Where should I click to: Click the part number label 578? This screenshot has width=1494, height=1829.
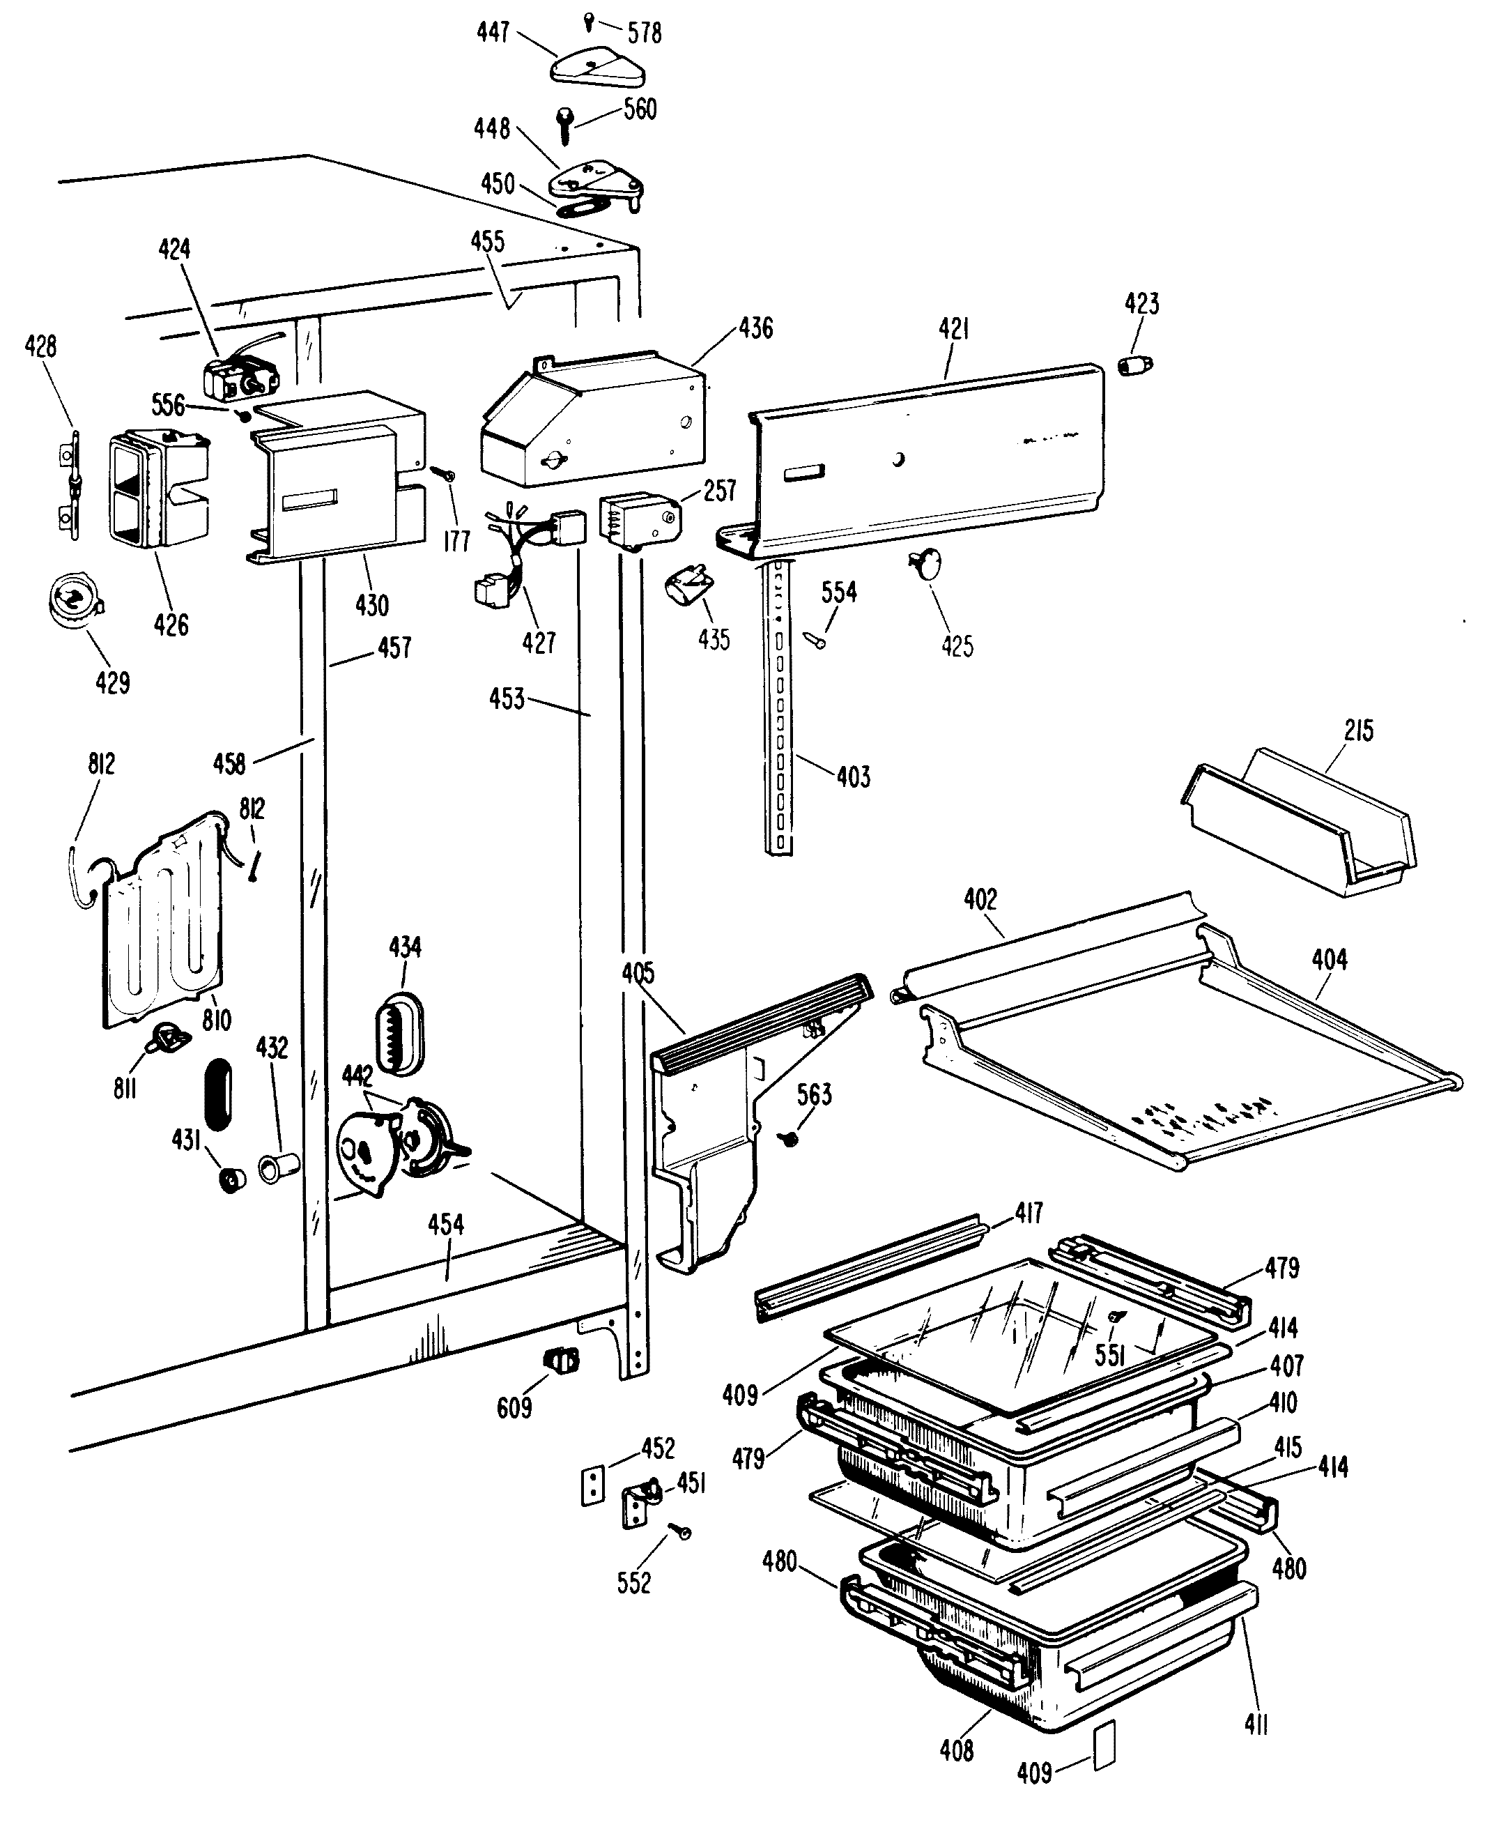pyautogui.click(x=644, y=33)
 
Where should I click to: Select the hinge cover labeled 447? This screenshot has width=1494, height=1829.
pyautogui.click(x=598, y=67)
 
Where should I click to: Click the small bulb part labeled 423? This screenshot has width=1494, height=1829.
pyautogui.click(x=1135, y=365)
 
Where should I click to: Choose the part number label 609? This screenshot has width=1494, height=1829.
pyautogui.click(x=514, y=1407)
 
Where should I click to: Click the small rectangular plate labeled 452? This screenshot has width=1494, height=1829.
pyautogui.click(x=591, y=1487)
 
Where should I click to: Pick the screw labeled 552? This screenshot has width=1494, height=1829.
pyautogui.click(x=681, y=1531)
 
